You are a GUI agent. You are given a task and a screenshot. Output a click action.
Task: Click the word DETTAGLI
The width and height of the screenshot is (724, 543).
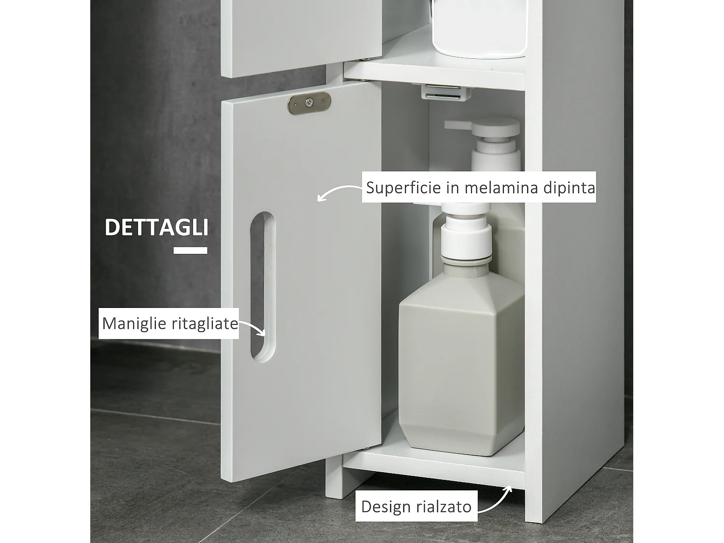[156, 227]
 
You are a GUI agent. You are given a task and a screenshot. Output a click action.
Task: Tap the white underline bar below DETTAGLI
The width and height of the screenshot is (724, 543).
[190, 251]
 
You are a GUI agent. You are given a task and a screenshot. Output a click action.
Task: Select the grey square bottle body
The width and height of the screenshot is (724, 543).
[461, 367]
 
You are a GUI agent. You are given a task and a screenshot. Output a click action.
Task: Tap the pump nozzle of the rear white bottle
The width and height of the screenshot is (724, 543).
[456, 124]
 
